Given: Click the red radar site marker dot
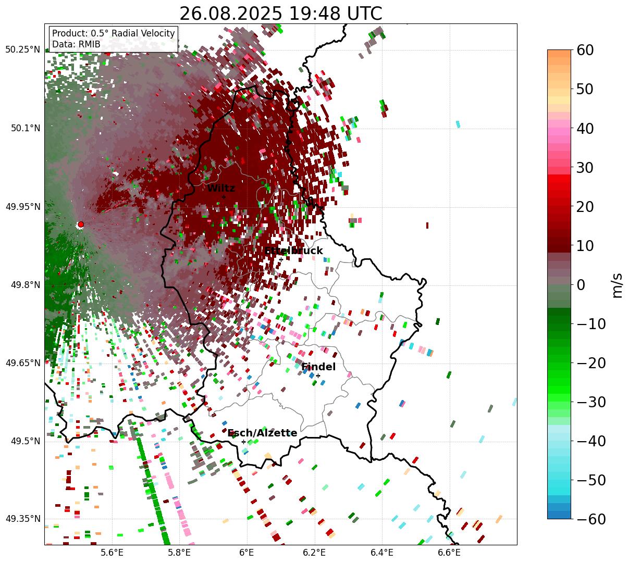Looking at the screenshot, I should point(80,224).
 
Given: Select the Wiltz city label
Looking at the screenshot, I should point(221,189).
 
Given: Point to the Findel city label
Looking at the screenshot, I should point(318,367).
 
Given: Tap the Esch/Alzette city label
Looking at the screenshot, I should point(262,433).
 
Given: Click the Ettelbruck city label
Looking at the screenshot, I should point(293,251).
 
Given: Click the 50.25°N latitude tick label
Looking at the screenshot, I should point(22,50).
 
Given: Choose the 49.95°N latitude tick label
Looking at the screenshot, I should point(22,207).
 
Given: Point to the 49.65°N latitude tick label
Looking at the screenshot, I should point(22,363).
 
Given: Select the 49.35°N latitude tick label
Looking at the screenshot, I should point(22,519).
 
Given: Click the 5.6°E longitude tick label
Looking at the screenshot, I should point(112,553).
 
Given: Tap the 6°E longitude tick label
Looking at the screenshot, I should point(246,553).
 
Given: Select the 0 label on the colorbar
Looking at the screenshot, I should point(581,285).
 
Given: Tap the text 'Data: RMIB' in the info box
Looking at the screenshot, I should point(76,44).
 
